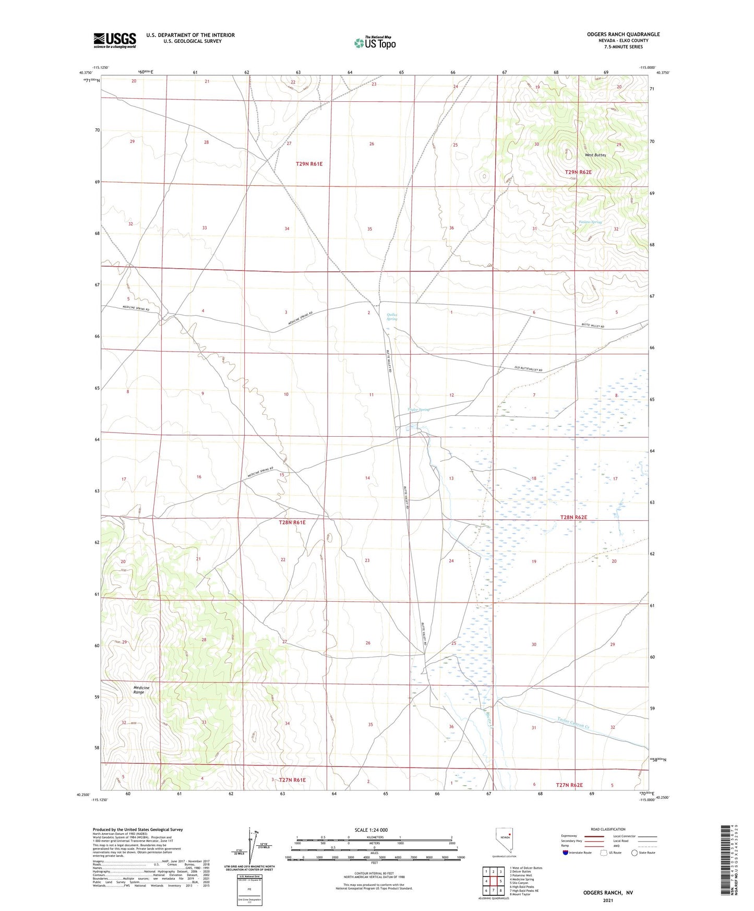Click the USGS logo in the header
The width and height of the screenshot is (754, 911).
coord(114,40)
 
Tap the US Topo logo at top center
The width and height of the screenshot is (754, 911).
coord(375,42)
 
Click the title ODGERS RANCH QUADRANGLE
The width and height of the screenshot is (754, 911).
coord(623,34)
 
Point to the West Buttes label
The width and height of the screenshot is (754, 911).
coord(595,155)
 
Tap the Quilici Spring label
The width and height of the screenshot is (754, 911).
coord(391,316)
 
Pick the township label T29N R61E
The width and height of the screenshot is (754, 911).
coord(309,164)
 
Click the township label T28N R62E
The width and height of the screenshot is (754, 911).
coord(573,517)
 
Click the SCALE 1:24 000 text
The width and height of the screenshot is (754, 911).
coord(371,830)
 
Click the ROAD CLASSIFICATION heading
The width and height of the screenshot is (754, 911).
coord(608,829)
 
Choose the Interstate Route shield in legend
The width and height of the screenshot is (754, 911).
coord(566,853)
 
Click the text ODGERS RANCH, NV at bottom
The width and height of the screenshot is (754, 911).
coord(607,893)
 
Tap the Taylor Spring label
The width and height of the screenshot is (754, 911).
coord(418,410)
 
